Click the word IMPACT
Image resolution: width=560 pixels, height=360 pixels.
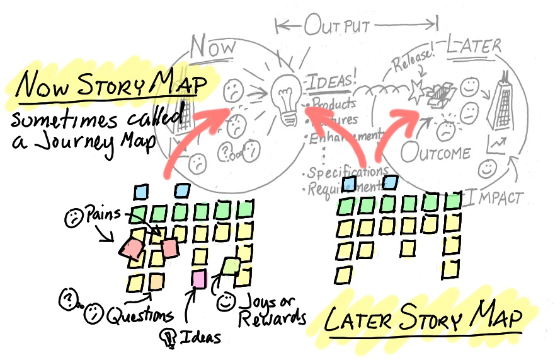497,198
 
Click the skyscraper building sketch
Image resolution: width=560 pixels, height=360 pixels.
504,100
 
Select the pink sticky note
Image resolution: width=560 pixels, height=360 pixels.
199,278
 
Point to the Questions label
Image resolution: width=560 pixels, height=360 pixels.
139,313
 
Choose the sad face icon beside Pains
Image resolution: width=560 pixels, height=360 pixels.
74,218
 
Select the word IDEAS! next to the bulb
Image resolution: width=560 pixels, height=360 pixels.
332,83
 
